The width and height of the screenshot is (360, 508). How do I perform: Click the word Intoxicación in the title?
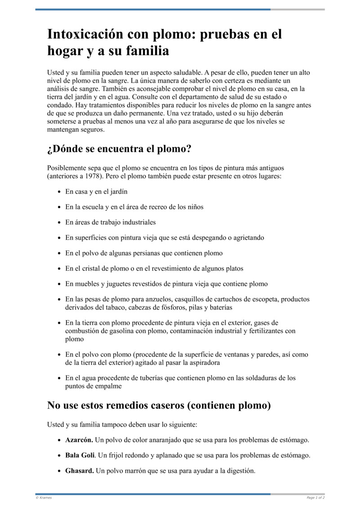[x=84, y=35]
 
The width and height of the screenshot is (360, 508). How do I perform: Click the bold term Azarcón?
[x=79, y=440]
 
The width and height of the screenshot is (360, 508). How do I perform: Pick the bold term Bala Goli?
[x=80, y=455]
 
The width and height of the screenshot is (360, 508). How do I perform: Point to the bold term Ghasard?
[x=80, y=471]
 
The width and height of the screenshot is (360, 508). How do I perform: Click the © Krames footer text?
[x=44, y=498]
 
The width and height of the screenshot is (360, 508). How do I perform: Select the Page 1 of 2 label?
[x=315, y=498]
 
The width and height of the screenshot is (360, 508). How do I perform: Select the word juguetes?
[x=114, y=284]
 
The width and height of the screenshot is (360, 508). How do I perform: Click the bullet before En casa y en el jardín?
[x=59, y=192]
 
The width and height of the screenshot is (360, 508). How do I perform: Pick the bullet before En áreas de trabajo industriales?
[x=59, y=223]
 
